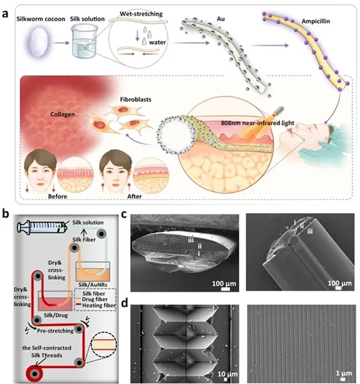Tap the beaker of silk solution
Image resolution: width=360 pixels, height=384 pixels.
click(x=83, y=43)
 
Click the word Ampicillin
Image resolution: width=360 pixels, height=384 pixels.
click(x=316, y=22)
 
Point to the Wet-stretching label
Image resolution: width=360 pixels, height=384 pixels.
click(x=141, y=13)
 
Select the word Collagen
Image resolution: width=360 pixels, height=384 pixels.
click(x=62, y=114)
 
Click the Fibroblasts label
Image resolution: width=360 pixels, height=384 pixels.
click(x=136, y=100)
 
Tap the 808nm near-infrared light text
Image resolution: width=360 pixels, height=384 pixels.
click(x=257, y=123)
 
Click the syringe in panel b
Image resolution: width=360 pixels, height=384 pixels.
click(x=42, y=227)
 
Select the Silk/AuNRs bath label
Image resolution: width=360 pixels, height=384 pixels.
click(x=93, y=285)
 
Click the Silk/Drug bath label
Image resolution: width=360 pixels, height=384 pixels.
click(x=56, y=315)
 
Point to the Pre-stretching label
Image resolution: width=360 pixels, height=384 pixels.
click(x=55, y=331)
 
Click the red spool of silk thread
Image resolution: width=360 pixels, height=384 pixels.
click(x=34, y=374)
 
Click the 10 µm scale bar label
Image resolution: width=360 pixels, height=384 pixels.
click(x=228, y=374)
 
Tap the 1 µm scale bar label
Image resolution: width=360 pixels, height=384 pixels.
click(x=344, y=373)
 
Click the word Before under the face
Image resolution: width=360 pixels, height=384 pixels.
click(x=58, y=196)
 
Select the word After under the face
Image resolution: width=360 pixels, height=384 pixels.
click(x=134, y=196)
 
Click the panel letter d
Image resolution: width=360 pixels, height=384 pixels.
click(x=125, y=303)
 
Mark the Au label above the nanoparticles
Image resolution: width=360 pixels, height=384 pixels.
click(x=220, y=19)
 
